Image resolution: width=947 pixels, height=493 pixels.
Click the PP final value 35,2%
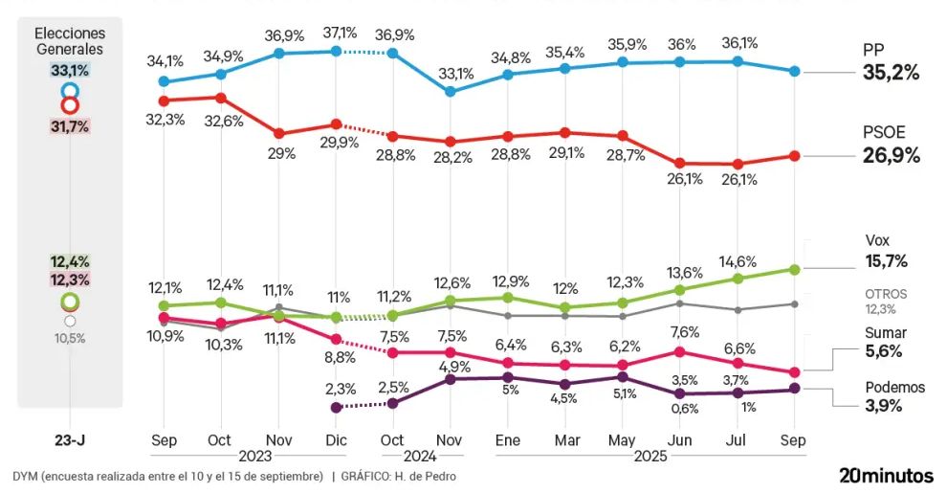coord(890,72)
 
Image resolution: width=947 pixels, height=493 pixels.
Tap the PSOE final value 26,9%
coord(892,156)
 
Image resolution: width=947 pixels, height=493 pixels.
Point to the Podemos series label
coord(895,387)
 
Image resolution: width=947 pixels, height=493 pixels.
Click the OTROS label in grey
coord(886,294)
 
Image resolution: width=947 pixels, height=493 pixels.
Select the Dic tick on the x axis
coord(336,440)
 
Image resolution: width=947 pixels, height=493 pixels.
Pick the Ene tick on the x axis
coord(508,440)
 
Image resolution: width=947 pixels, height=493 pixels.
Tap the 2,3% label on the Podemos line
coord(340,389)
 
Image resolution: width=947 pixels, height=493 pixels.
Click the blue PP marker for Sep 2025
coord(794,72)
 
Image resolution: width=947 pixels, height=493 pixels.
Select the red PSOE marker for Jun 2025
coord(680,164)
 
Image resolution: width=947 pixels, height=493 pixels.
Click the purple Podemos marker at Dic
coord(336,407)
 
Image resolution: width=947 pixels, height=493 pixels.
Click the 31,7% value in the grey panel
coord(70,124)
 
